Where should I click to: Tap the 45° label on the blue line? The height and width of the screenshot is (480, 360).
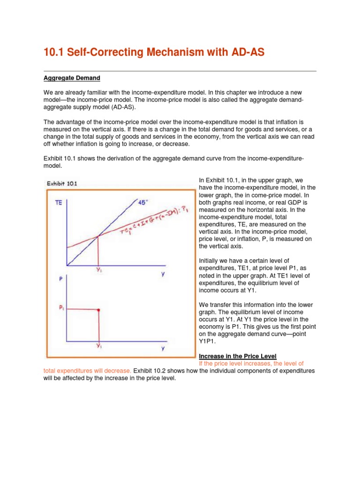143,202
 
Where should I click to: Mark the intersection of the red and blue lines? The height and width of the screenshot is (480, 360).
98,237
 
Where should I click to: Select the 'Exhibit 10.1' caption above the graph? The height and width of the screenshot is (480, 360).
62,183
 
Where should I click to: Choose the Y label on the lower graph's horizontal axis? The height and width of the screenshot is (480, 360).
162,348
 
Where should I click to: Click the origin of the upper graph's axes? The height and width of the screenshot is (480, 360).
67,266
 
